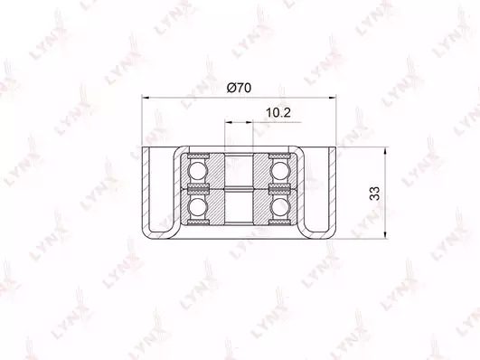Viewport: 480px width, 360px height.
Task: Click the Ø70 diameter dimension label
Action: click(x=239, y=88)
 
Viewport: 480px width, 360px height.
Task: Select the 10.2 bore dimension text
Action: click(x=278, y=113)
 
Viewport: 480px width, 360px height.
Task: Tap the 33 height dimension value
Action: click(x=375, y=194)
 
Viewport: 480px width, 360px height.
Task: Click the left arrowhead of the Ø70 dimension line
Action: click(x=146, y=98)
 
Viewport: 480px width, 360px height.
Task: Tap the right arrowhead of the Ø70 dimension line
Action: click(x=332, y=98)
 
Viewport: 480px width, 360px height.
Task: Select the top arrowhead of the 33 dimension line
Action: click(x=386, y=151)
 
